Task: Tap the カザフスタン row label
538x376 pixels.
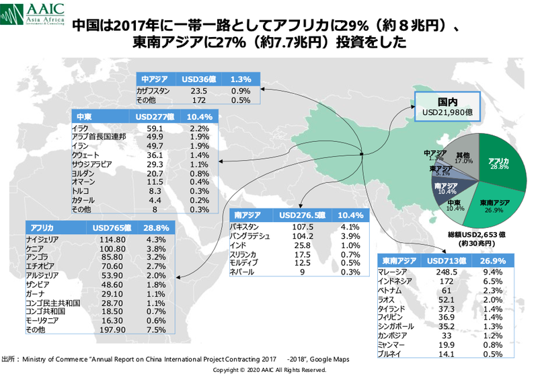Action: tap(154, 89)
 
